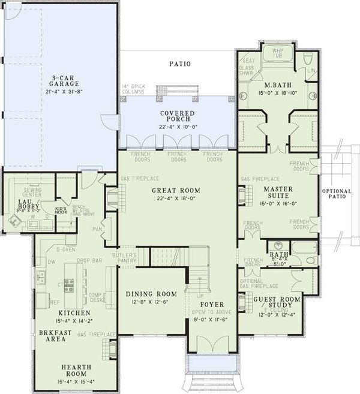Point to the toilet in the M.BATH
coord(307,59)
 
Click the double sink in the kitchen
coord(41,278)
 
